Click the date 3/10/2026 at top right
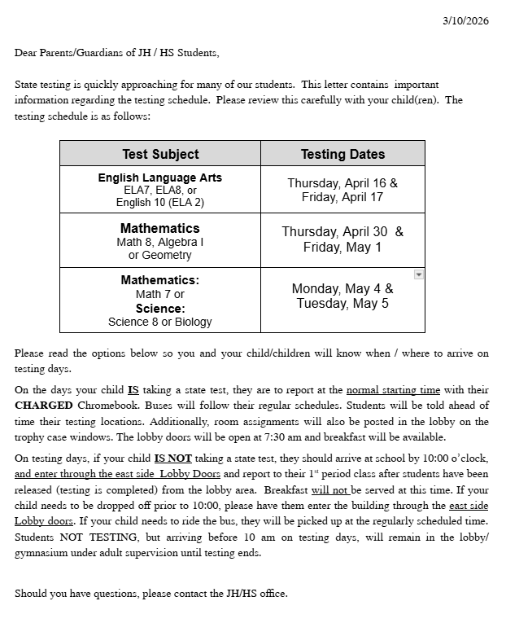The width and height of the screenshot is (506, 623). (465, 21)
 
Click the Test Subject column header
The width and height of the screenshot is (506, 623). (160, 154)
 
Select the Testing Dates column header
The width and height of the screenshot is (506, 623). (342, 154)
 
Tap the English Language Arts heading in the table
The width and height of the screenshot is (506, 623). (160, 178)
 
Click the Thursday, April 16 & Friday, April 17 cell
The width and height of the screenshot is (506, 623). (342, 190)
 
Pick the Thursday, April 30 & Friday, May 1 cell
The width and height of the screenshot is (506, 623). (342, 239)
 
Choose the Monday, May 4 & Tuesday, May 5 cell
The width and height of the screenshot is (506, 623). (342, 296)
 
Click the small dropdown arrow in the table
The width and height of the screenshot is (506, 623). (418, 275)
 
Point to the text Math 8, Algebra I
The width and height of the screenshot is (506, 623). (160, 242)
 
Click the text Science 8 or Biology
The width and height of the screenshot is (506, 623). (160, 322)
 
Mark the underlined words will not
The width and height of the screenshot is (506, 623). (329, 489)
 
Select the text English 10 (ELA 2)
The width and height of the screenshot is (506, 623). (160, 203)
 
